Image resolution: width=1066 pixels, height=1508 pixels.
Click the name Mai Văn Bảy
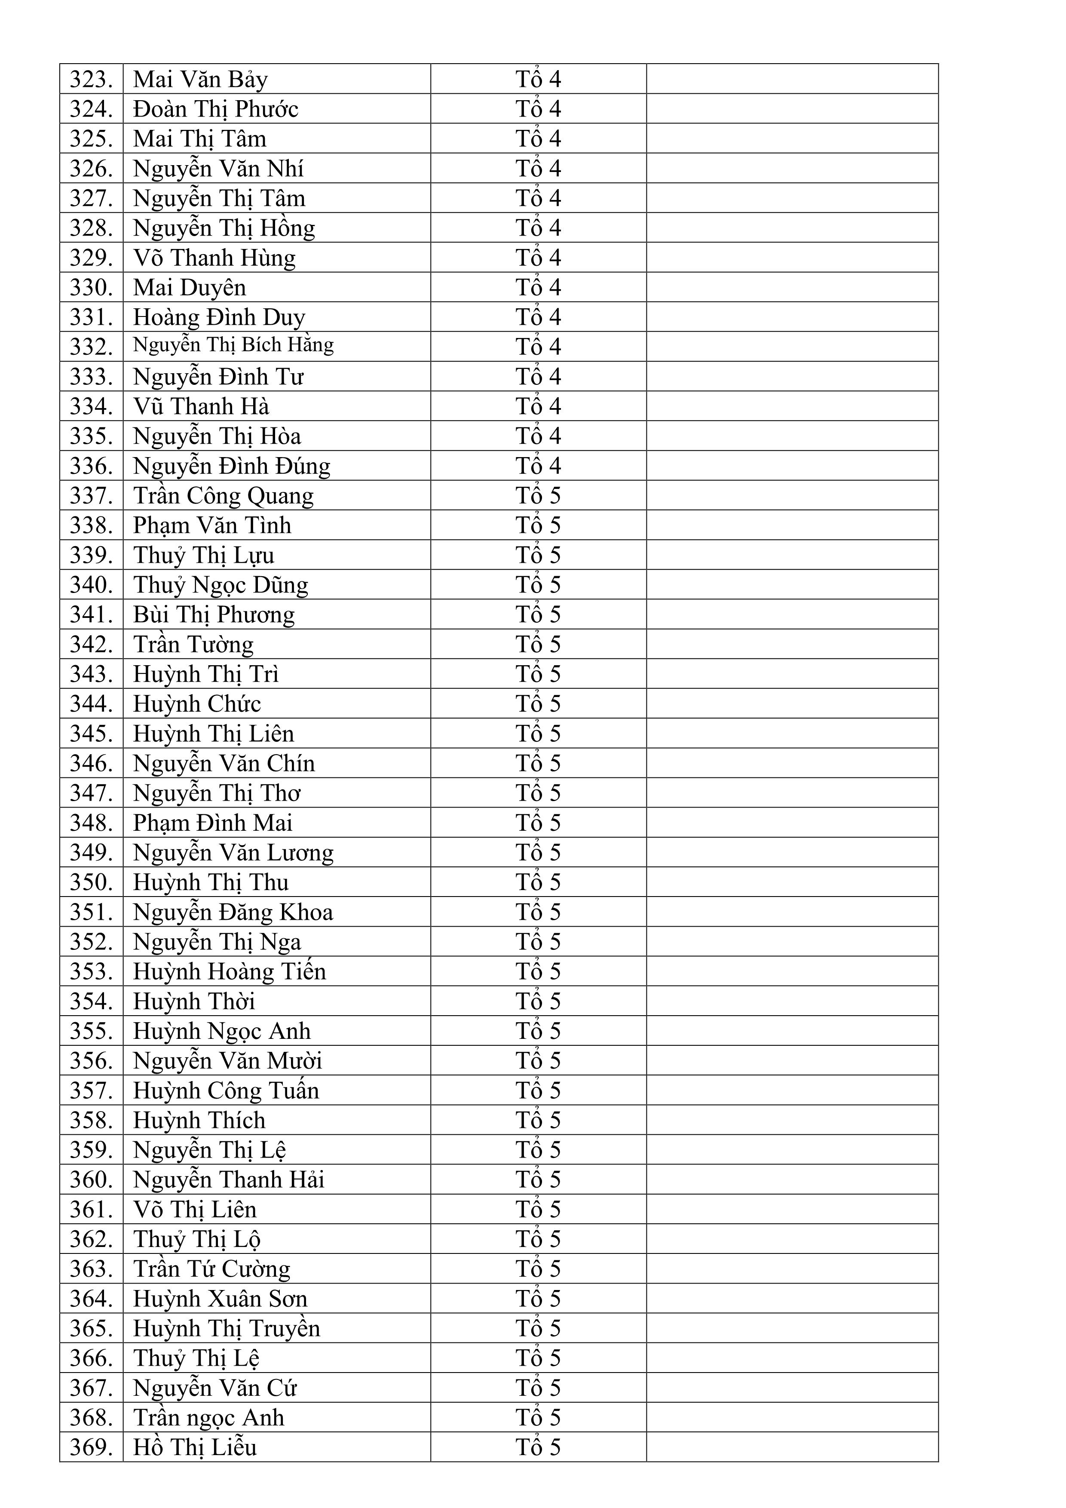tap(200, 80)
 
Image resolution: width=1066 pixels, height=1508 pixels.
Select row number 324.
tap(91, 109)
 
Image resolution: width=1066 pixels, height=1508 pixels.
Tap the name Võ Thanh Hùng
tap(214, 258)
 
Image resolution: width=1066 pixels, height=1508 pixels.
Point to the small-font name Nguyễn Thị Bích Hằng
tap(233, 345)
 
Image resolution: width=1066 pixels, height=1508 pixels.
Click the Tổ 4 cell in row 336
tap(538, 466)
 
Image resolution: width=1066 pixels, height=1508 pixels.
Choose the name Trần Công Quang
tap(223, 496)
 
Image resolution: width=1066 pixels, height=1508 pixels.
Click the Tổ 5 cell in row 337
tap(538, 496)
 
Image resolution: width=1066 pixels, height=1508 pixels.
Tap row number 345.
tap(91, 734)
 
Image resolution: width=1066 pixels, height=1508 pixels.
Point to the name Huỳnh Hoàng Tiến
tap(229, 971)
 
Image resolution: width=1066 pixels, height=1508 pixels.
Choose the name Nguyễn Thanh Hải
tap(228, 1179)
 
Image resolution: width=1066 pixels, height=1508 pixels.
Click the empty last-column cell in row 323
tap(792, 80)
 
